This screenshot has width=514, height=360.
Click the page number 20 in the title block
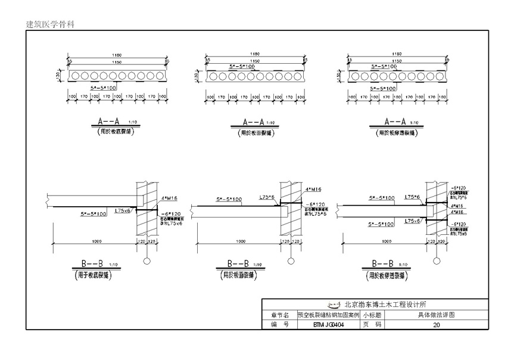coord(436,325)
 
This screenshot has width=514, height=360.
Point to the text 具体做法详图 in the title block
coord(436,315)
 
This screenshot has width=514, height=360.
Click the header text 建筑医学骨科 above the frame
coord(50,24)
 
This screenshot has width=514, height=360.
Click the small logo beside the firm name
coord(335,303)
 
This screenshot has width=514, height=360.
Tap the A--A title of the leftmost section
coord(110,122)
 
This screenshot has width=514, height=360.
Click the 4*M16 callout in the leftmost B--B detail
coord(169,195)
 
